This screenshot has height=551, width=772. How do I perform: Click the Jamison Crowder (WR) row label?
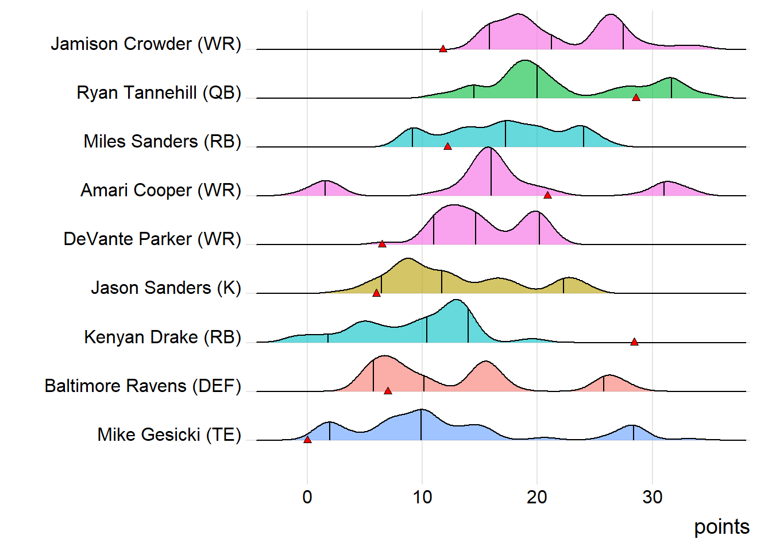pyautogui.click(x=146, y=44)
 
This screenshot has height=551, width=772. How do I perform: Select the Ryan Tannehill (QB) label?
pyautogui.click(x=159, y=92)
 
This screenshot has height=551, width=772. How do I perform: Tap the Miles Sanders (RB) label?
pyautogui.click(x=163, y=141)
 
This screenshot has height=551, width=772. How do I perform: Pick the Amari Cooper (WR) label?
pyautogui.click(x=161, y=190)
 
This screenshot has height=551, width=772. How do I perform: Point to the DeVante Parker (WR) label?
pyautogui.click(x=152, y=239)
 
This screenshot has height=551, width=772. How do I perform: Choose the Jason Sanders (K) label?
pyautogui.click(x=166, y=288)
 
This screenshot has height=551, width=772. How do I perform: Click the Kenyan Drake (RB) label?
pyautogui.click(x=163, y=337)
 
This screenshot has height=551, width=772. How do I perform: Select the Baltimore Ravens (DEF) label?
pyautogui.click(x=143, y=386)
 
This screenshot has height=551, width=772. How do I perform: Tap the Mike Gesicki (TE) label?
pyautogui.click(x=169, y=434)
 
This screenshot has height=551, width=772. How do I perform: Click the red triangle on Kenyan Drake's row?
pyautogui.click(x=634, y=342)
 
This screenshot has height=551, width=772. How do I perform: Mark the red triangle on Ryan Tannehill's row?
pyautogui.click(x=636, y=98)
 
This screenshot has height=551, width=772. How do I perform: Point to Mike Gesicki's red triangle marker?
pyautogui.click(x=307, y=440)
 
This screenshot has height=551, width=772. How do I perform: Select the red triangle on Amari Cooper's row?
pyautogui.click(x=547, y=195)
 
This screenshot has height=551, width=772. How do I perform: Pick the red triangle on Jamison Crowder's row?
pyautogui.click(x=443, y=49)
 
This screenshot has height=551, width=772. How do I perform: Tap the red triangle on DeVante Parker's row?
pyautogui.click(x=382, y=244)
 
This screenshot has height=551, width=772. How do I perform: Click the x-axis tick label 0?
pyautogui.click(x=307, y=497)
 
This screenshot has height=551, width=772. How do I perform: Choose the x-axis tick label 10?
pyautogui.click(x=422, y=497)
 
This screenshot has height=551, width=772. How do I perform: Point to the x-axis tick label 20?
pyautogui.click(x=537, y=497)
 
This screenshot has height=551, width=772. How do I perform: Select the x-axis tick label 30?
pyautogui.click(x=653, y=497)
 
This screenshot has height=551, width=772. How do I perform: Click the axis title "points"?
pyautogui.click(x=721, y=527)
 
